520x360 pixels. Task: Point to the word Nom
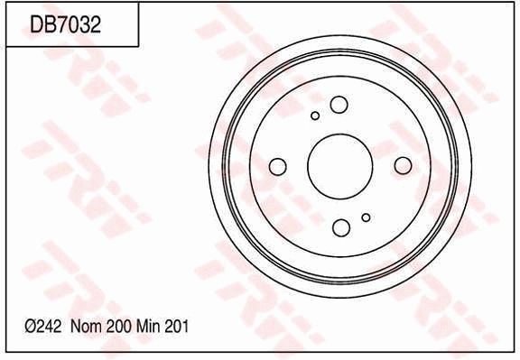[86, 328]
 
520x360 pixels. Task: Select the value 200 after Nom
[118, 328]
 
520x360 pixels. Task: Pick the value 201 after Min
[177, 328]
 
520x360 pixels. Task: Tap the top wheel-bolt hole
[339, 105]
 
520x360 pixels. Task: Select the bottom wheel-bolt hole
[341, 227]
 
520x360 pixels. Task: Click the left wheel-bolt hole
[278, 166]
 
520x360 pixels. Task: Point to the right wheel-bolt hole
[403, 164]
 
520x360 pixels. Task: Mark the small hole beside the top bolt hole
[315, 115]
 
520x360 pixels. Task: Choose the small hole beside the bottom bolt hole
[366, 217]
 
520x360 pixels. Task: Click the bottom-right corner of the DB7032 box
[138, 46]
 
